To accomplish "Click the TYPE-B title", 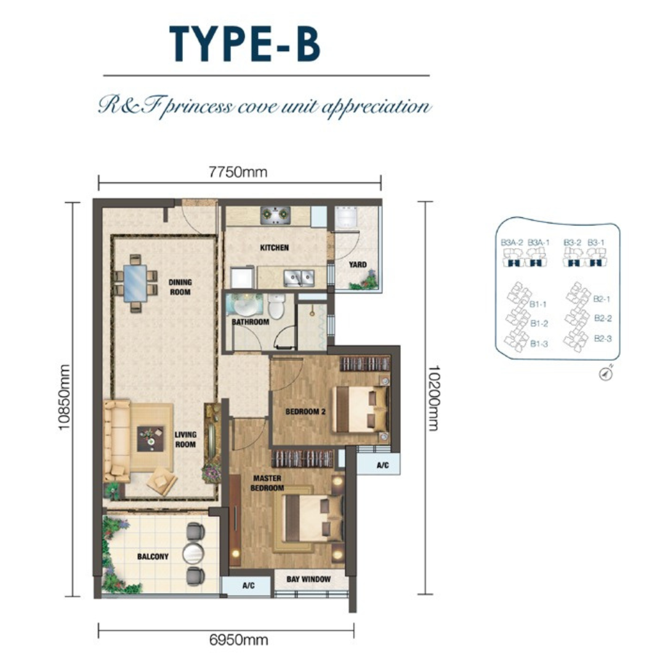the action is coord(244,44).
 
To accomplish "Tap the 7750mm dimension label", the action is coord(238,172).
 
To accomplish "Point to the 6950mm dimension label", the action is coord(238,640).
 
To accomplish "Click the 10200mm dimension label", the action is coord(434,398).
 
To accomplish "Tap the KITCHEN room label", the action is coord(275,248).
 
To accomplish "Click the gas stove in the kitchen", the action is coord(276,215).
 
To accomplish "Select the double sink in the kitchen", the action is coord(299,278).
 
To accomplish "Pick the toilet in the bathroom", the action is coord(276,306).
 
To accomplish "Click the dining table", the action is coord(135,283).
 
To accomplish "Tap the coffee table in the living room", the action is coord(151,438).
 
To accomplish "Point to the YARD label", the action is coord(358,265).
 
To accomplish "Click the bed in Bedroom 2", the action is coord(361,409).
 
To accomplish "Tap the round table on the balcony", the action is coord(193,554).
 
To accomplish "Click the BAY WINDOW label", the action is coord(308,579).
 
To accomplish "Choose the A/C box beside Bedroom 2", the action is coord(378,464).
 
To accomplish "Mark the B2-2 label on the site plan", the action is coord(603,318).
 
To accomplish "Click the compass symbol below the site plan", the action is coord(607,373).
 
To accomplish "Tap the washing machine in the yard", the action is coord(347,218).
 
